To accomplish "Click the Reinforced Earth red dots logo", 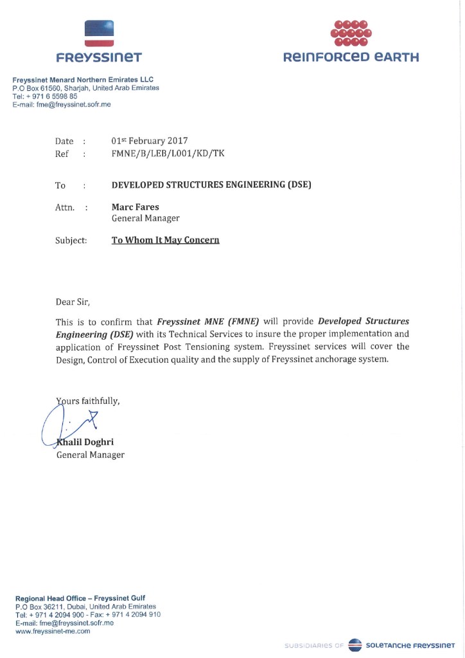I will [351, 32].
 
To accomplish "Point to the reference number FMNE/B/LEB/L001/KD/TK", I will [168, 154].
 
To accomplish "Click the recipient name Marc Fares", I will [135, 207].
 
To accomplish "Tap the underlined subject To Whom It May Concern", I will [166, 240].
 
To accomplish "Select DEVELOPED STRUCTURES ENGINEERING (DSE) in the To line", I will [211, 185].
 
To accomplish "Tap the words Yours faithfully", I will [88, 401].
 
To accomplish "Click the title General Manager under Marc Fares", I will [145, 219].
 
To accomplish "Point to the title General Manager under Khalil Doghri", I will [91, 455].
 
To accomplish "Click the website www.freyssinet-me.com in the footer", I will [53, 631].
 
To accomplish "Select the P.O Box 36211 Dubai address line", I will [85, 607].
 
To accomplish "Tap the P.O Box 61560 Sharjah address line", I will [85, 88].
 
